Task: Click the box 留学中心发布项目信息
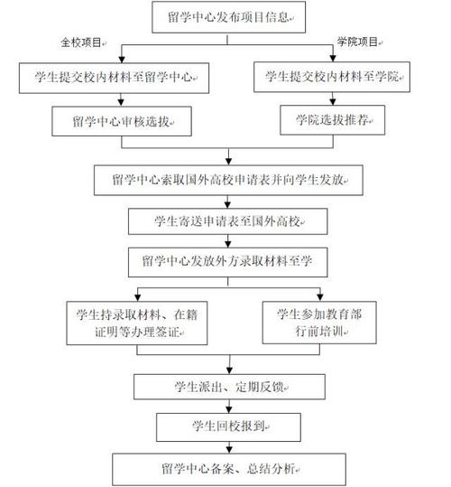tap(229, 17)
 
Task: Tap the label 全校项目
tap(81, 42)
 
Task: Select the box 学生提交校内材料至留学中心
tap(114, 78)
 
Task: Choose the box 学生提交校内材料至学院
tap(332, 77)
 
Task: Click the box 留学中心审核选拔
tap(122, 121)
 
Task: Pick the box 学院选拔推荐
tap(333, 120)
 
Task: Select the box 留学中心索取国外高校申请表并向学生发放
tap(228, 180)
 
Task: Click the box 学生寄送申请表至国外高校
tap(228, 221)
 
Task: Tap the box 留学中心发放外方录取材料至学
tap(228, 262)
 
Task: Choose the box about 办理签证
tap(137, 323)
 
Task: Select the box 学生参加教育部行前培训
tap(319, 323)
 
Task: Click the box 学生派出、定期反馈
tap(229, 387)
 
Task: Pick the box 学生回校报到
tap(228, 427)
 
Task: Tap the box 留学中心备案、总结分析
tap(229, 469)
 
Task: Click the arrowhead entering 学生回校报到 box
tap(229, 409)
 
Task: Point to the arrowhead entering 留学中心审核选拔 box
tap(121, 103)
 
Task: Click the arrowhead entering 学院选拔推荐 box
tap(333, 101)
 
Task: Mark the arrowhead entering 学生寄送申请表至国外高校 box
tap(228, 205)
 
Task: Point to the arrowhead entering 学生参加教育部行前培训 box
tap(320, 298)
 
